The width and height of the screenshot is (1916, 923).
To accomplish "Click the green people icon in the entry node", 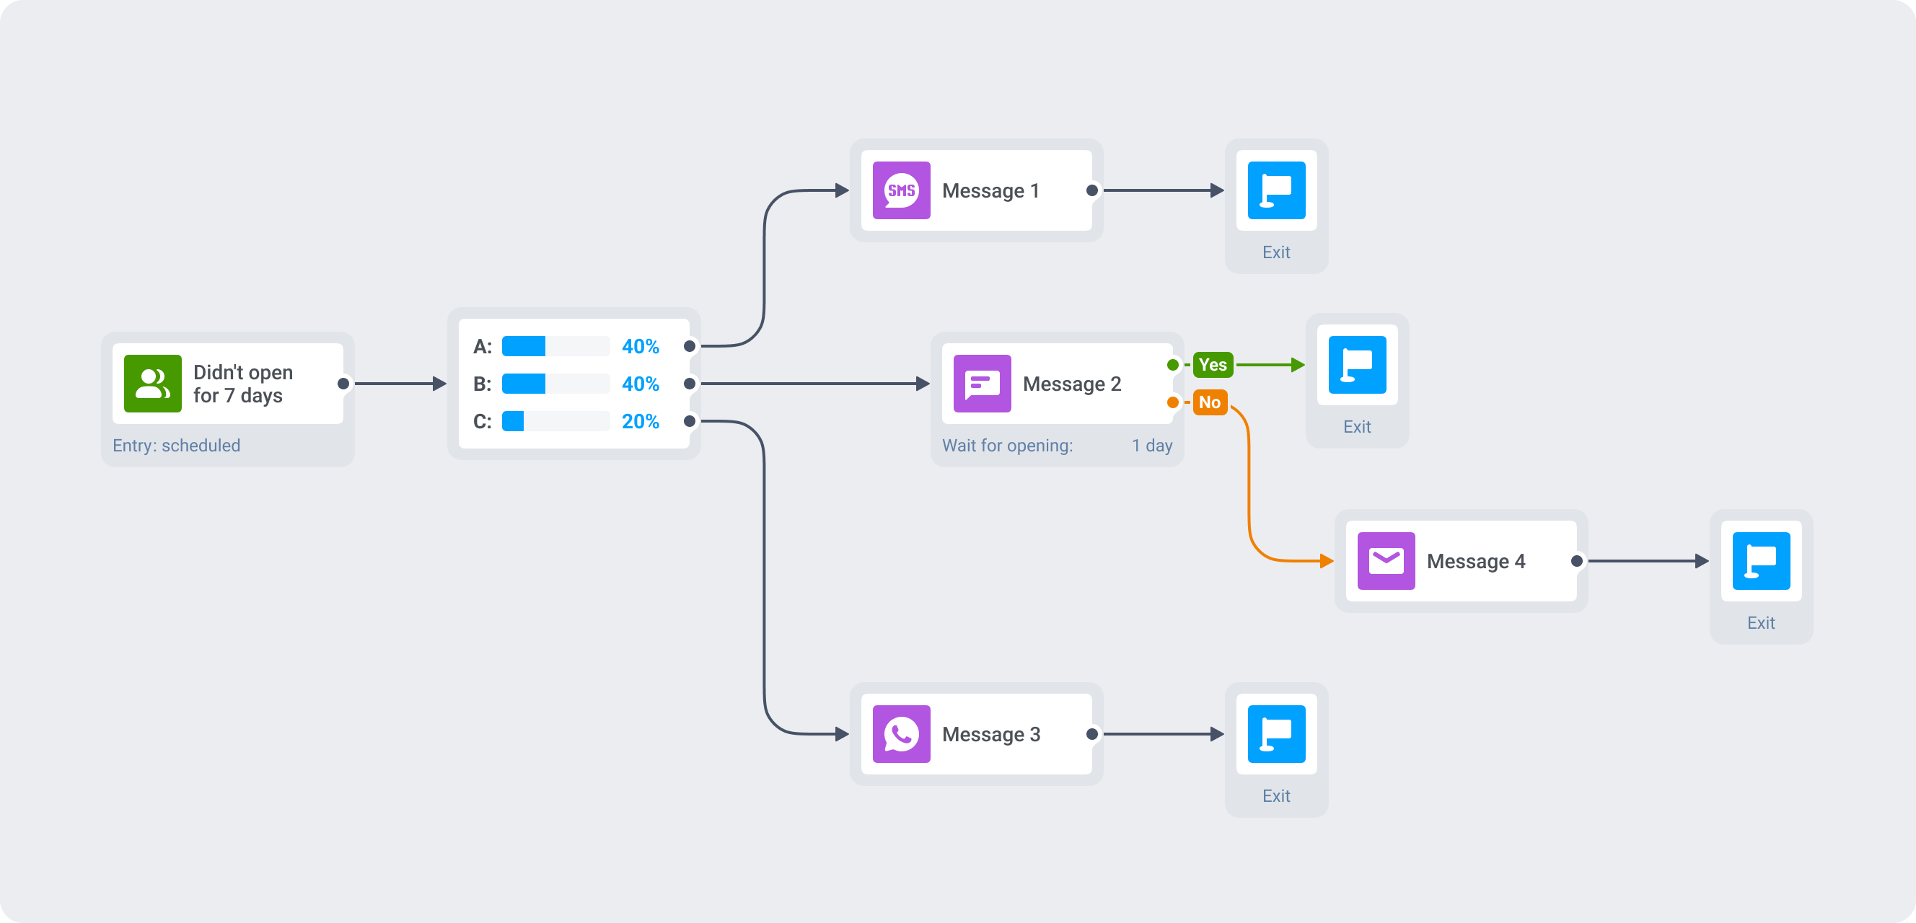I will click(x=152, y=384).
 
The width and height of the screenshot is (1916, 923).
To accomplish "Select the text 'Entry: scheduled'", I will click(x=176, y=446).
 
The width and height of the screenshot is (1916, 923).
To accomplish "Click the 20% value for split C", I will click(x=640, y=422).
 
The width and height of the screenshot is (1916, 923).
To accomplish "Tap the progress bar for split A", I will click(x=555, y=347).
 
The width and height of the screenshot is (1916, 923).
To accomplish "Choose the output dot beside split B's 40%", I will click(x=690, y=384).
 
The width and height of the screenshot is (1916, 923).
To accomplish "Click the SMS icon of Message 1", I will click(x=901, y=190).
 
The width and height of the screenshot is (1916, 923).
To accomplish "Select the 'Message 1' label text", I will click(x=990, y=191).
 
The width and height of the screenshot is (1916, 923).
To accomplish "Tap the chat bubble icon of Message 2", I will click(x=982, y=384).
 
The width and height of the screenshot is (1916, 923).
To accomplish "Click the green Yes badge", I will click(x=1213, y=364).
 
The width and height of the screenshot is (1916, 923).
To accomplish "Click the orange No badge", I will click(x=1209, y=402).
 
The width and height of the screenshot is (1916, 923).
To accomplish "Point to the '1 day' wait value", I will click(x=1151, y=446).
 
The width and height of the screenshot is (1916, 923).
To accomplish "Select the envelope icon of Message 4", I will click(x=1386, y=561).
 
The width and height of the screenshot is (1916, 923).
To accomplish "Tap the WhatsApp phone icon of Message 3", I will click(x=901, y=734).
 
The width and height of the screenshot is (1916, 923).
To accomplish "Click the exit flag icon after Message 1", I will click(x=1276, y=190).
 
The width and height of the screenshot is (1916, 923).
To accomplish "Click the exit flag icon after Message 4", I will click(x=1761, y=561).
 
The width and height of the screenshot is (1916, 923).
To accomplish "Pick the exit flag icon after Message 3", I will click(x=1276, y=734).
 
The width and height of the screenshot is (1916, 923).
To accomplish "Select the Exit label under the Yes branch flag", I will click(x=1357, y=427).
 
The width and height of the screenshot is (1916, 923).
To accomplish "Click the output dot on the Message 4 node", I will click(x=1576, y=561).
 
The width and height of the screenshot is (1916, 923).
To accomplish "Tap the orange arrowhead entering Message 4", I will click(x=1326, y=561).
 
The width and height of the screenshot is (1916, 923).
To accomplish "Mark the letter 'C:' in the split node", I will click(x=482, y=422).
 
